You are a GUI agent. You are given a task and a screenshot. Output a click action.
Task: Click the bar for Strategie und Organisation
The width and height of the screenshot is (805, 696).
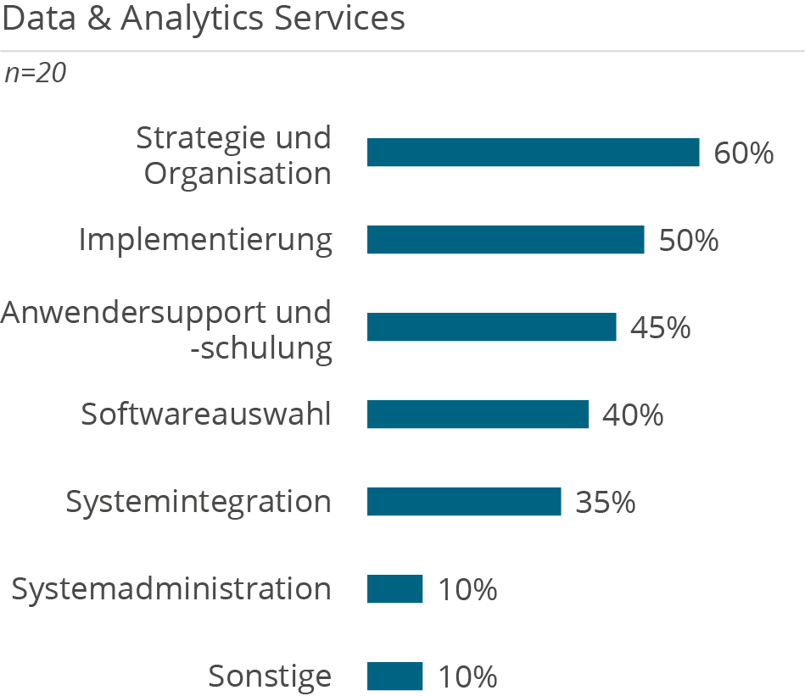tap(533, 153)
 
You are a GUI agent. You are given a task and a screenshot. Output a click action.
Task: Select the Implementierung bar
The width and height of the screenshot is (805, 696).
tap(506, 240)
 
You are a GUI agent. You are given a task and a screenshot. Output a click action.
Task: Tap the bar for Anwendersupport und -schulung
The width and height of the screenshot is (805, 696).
tap(491, 327)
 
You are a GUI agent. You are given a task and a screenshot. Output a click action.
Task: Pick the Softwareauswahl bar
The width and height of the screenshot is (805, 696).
tap(478, 415)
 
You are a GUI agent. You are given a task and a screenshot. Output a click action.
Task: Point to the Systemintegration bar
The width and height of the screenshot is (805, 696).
tap(464, 502)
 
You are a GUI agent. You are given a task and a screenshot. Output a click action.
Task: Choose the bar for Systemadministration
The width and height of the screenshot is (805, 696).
tap(394, 589)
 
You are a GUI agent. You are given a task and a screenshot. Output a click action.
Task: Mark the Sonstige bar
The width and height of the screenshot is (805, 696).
tap(394, 677)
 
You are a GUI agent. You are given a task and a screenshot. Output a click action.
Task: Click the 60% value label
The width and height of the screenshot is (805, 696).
tap(743, 153)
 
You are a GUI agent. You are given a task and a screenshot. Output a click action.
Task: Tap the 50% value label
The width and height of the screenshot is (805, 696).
tap(688, 241)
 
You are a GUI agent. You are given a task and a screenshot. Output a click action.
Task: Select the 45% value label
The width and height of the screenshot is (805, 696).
tap(660, 328)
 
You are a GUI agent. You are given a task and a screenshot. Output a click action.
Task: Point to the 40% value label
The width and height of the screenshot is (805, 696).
tap(632, 415)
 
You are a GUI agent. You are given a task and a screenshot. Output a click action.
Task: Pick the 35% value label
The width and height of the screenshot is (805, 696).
tap(605, 503)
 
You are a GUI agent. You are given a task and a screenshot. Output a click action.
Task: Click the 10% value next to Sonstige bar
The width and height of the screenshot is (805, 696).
tap(467, 677)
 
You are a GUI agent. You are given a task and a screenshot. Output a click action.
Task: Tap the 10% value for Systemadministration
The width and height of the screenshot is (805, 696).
tap(467, 590)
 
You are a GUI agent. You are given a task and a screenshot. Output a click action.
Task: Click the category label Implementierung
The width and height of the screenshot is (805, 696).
tap(205, 240)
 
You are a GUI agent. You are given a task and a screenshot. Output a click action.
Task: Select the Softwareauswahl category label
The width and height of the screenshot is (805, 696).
tap(205, 415)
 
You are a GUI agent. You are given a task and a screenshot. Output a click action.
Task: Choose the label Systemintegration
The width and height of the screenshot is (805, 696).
tap(198, 502)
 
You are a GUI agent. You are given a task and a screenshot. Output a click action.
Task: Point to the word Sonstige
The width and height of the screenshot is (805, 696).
tap(270, 677)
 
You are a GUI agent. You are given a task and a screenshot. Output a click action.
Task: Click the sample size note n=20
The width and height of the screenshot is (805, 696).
tap(35, 74)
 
